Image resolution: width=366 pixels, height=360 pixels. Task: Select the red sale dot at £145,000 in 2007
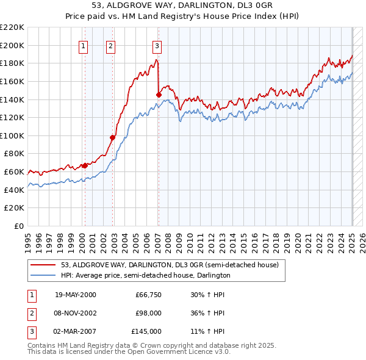159,95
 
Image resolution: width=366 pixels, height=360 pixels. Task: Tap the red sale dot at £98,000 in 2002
113,137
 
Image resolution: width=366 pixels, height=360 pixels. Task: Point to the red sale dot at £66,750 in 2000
85,165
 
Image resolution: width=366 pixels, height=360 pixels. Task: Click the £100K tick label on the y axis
12,135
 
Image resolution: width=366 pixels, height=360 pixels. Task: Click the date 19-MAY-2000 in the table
76,295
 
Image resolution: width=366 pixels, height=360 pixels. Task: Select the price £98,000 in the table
148,313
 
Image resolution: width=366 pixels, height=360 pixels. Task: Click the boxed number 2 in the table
30,313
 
